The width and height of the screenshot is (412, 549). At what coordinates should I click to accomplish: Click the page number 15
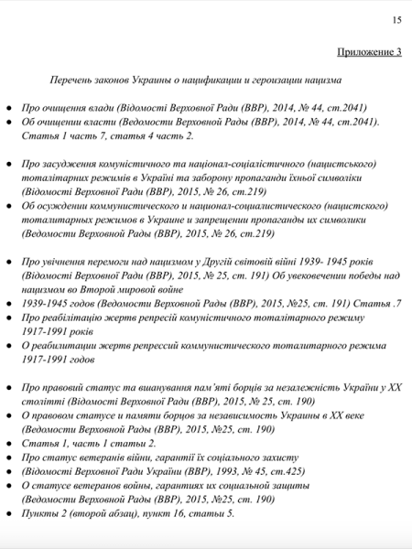point(396,19)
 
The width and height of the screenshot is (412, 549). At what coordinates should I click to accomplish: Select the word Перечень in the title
point(72,81)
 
